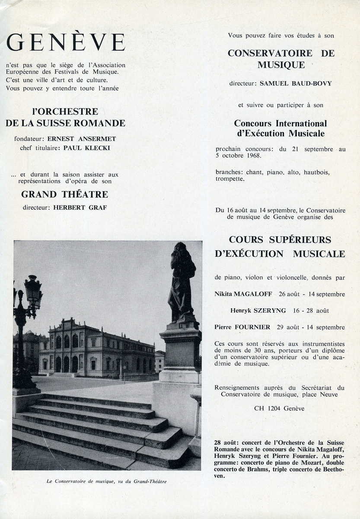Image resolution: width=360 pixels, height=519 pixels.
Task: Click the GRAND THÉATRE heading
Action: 65,195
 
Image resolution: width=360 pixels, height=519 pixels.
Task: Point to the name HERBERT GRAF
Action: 80,208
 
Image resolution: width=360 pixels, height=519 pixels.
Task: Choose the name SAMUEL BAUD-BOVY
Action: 296,83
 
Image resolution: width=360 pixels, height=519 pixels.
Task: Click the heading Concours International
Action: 280,124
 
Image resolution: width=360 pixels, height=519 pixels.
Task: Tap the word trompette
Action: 230,178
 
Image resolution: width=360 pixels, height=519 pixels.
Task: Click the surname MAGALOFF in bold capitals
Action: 253,294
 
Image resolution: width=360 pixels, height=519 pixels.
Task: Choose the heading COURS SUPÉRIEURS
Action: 280,240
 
